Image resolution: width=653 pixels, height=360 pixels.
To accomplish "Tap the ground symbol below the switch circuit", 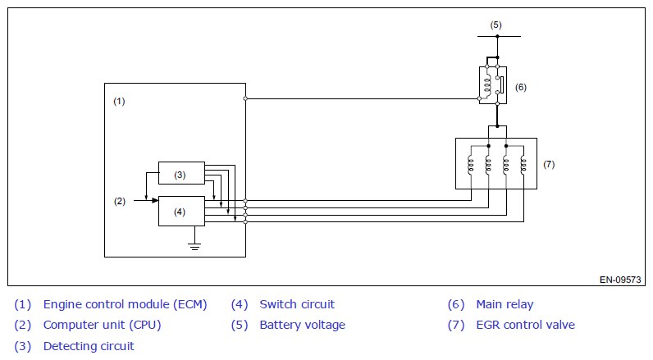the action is (194, 246).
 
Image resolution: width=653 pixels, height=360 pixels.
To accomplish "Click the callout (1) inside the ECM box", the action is (119, 101).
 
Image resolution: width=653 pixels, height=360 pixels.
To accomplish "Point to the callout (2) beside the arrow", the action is (120, 202).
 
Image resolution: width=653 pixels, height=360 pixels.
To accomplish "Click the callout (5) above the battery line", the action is (495, 25).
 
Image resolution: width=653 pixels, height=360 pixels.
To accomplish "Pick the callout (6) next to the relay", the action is (521, 87).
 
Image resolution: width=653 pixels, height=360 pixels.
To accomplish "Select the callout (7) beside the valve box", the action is (549, 164).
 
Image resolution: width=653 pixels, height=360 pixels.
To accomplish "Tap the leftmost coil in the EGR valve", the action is (471, 164).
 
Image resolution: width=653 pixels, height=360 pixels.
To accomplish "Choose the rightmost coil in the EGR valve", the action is (523, 164).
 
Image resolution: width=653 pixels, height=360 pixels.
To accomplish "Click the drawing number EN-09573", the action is (620, 280).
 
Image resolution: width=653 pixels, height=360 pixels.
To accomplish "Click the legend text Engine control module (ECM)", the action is (125, 304).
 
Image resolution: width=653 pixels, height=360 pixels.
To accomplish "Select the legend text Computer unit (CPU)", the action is (102, 325).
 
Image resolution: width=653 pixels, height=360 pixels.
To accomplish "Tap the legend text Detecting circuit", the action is (89, 346).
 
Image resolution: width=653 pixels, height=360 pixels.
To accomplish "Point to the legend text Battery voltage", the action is (303, 325).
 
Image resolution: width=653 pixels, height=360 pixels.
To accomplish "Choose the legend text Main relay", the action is (505, 304).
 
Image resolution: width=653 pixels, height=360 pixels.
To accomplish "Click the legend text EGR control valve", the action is (526, 325).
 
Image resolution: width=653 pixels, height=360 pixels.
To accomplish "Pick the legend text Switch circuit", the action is (297, 304).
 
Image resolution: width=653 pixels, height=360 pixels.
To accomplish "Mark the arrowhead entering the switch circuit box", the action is (155, 201).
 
